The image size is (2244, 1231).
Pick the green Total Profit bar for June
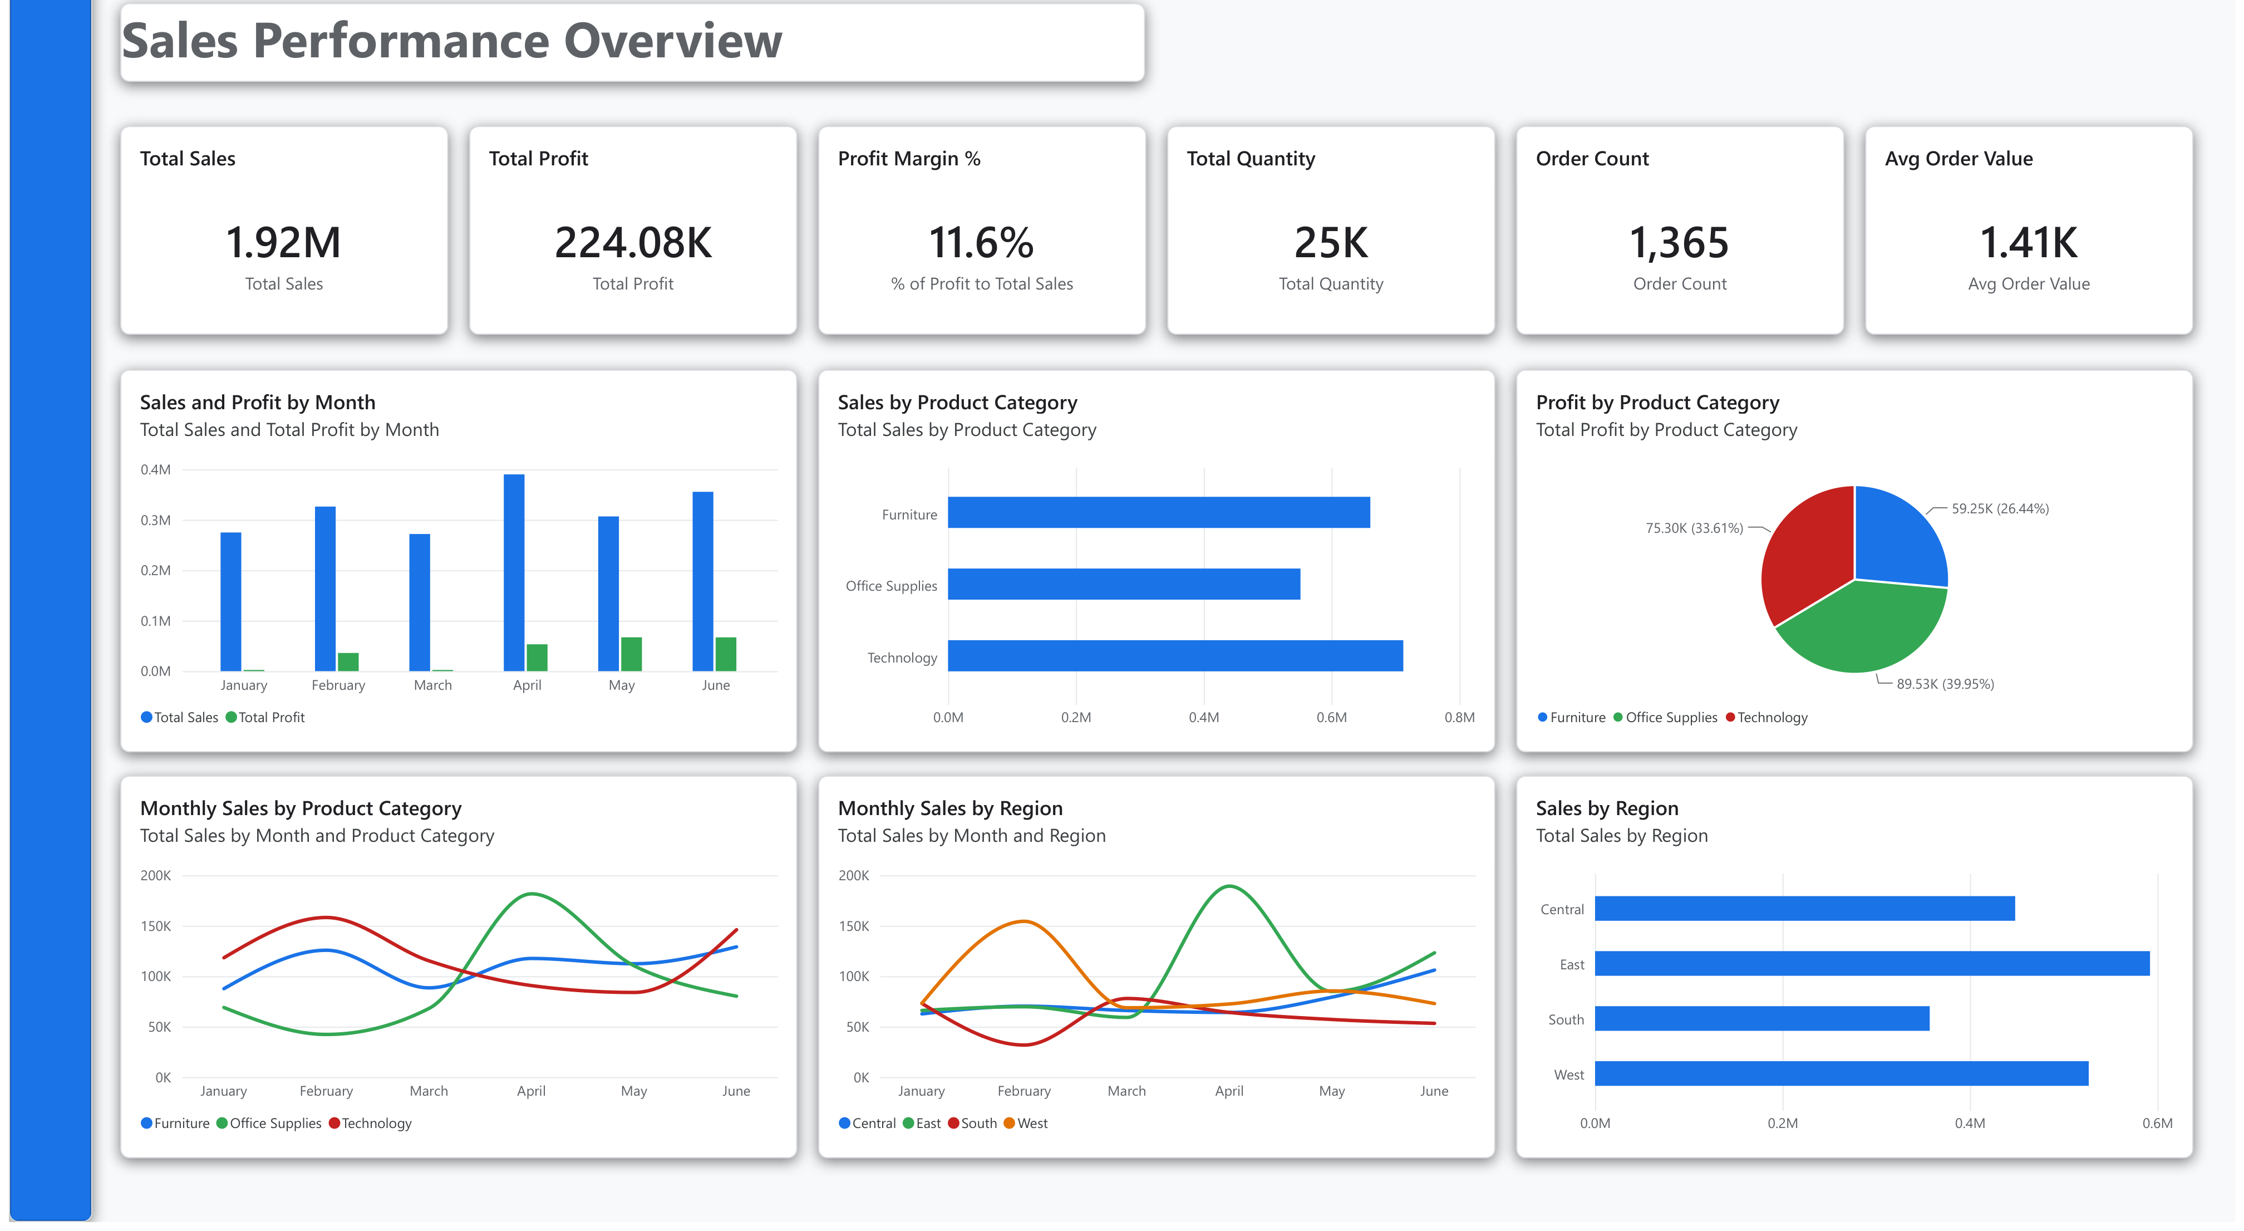pos(726,654)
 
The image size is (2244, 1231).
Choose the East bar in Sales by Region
pos(1872,964)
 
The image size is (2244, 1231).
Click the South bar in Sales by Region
pos(1762,1018)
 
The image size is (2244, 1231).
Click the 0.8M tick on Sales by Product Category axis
pos(1459,718)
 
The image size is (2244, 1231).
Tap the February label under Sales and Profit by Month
pos(338,685)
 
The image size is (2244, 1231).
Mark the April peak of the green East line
pos(1228,886)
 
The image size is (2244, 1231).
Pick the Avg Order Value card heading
pos(1958,159)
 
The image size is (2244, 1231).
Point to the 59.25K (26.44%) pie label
pos(2000,509)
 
